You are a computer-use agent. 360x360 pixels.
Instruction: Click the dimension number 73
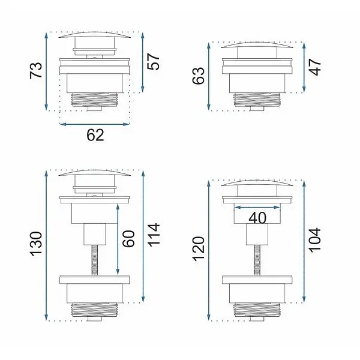point(36,70)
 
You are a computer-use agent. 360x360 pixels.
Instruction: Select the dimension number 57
point(154,62)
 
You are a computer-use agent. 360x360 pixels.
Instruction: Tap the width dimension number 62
point(95,135)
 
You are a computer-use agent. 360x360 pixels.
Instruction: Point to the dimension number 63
point(199,76)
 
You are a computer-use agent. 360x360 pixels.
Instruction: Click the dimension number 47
point(315,67)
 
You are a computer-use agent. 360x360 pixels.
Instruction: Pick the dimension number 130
point(36,244)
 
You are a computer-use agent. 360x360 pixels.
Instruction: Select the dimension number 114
point(154,235)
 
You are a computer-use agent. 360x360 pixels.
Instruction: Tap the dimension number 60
point(128,239)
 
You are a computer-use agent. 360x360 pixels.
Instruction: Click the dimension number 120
point(199,248)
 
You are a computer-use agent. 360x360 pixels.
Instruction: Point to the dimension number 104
point(315,240)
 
